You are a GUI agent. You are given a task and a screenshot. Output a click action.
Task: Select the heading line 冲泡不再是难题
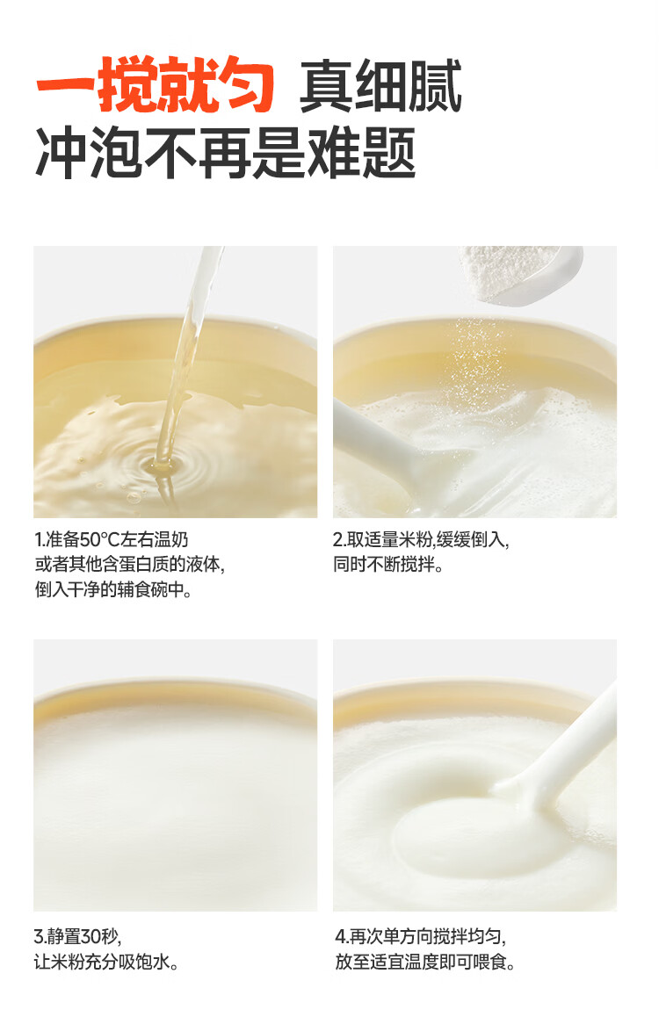225,155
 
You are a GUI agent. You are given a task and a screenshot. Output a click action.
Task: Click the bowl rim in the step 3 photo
176,689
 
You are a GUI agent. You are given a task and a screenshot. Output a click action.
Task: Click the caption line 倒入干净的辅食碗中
113,589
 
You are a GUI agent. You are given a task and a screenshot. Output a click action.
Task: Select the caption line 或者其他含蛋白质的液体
130,565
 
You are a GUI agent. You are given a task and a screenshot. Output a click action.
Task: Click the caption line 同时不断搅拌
387,565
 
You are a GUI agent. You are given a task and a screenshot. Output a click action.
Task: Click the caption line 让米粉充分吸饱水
106,962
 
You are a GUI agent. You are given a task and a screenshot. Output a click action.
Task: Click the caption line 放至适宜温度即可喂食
424,962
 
